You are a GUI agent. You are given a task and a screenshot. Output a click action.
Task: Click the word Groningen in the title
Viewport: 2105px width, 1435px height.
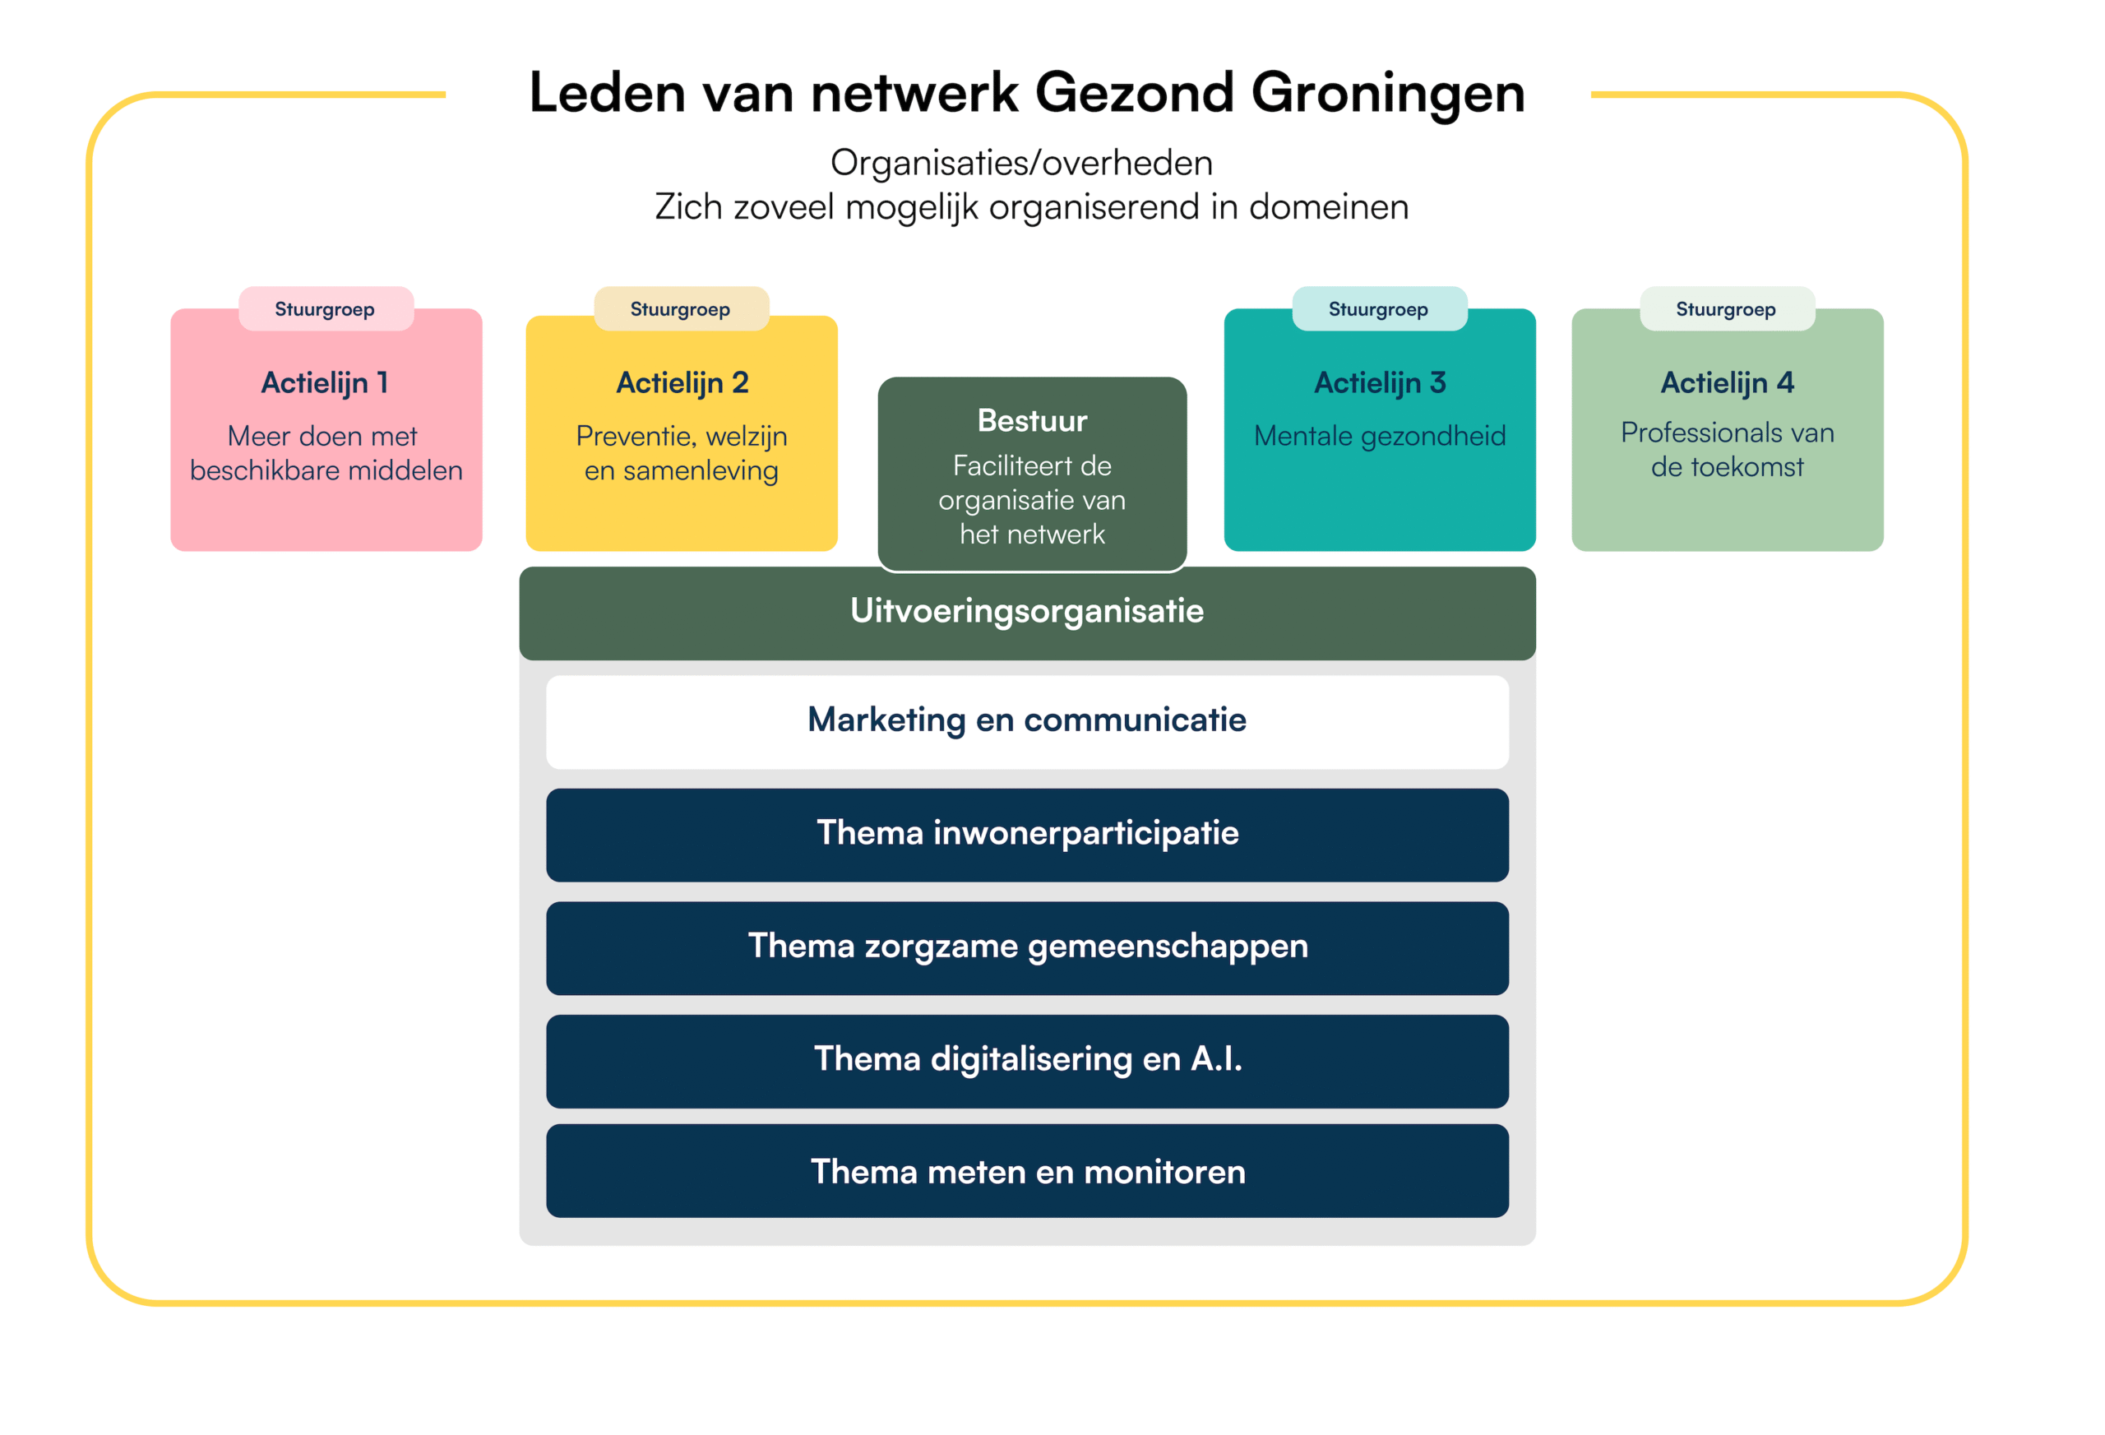[x=1388, y=93]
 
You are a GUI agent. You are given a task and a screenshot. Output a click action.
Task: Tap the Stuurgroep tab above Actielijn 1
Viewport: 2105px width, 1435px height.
[x=325, y=310]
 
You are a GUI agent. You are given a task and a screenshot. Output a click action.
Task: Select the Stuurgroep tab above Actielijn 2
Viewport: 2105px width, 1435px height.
[x=680, y=310]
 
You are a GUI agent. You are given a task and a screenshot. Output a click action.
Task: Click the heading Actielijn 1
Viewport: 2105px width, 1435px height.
[x=325, y=383]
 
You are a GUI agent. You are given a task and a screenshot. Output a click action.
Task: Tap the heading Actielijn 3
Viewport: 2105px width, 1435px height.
[x=1380, y=383]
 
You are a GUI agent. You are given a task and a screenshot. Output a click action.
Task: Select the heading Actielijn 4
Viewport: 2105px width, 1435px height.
[x=1727, y=383]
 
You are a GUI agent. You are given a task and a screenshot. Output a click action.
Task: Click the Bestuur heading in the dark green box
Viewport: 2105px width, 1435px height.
[x=1032, y=421]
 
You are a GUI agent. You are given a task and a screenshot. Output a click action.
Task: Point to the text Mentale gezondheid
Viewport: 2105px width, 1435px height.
[x=1380, y=437]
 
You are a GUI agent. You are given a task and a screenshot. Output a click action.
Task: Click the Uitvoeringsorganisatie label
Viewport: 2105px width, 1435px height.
[x=1026, y=612]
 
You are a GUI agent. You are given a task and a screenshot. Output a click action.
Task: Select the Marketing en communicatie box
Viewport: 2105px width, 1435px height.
[x=1026, y=721]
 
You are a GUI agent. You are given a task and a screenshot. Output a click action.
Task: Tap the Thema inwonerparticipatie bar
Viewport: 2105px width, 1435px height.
[x=1026, y=834]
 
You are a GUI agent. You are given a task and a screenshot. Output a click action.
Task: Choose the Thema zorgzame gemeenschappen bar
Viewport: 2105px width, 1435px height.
[x=1026, y=947]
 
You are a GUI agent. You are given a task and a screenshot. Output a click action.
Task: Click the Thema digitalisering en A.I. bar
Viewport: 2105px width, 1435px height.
[x=1026, y=1060]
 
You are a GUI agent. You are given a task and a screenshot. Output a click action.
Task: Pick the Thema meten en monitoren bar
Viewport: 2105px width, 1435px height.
[x=1026, y=1173]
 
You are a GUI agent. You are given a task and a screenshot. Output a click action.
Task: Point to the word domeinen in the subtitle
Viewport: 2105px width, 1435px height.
[x=1329, y=207]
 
